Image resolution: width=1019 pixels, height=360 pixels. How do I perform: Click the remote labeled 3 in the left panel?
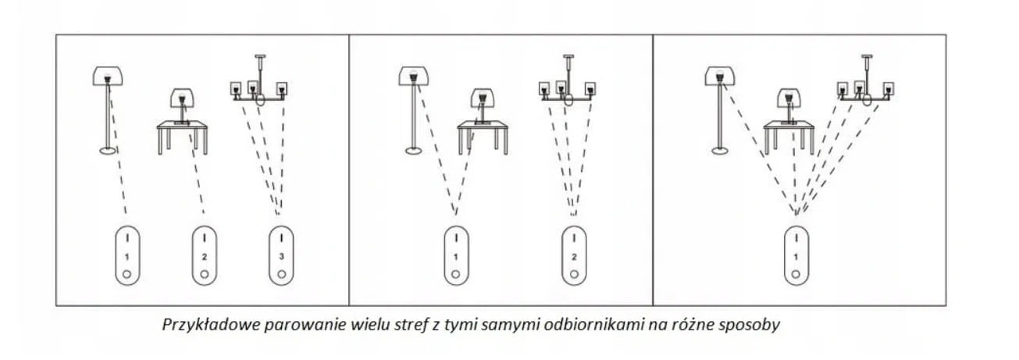click(x=281, y=256)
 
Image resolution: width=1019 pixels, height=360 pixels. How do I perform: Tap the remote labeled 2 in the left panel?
click(x=205, y=256)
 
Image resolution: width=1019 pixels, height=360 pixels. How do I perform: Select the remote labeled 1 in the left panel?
click(x=127, y=256)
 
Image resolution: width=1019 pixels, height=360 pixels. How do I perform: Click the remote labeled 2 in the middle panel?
click(x=574, y=256)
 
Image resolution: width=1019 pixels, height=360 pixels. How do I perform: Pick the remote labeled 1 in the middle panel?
click(x=456, y=256)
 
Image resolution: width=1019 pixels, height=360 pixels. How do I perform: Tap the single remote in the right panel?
click(x=796, y=256)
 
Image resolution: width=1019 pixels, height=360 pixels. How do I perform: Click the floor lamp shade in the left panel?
click(x=108, y=76)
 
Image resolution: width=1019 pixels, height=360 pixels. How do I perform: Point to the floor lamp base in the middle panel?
click(x=414, y=150)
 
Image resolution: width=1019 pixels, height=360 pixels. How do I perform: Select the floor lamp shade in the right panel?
click(x=720, y=76)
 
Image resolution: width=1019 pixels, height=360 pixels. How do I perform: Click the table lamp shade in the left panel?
click(x=183, y=98)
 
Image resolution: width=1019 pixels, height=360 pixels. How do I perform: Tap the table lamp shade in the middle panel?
click(x=483, y=98)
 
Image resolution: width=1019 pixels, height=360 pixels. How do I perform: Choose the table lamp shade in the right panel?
click(x=789, y=98)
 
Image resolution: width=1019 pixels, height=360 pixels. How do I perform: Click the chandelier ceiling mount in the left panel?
click(x=260, y=56)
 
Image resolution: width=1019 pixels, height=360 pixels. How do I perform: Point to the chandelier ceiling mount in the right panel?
click(x=868, y=56)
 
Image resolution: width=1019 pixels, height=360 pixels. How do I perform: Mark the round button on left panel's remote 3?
click(x=282, y=274)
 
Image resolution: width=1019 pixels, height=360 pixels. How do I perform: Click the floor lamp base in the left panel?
click(x=108, y=150)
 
